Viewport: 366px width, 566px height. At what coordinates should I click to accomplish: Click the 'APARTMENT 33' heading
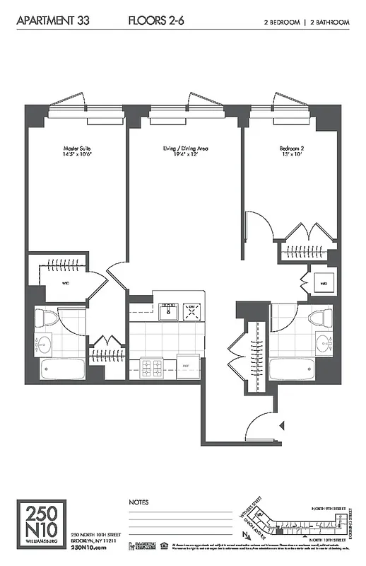(x=47, y=22)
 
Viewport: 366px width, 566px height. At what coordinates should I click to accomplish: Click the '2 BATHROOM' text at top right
(x=329, y=23)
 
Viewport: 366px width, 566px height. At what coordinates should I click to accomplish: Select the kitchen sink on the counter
(x=168, y=311)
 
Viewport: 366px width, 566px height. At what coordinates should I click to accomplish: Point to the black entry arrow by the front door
(x=282, y=425)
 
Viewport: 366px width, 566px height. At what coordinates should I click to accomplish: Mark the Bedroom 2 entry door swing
(x=258, y=226)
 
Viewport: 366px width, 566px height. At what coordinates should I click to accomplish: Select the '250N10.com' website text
(x=88, y=547)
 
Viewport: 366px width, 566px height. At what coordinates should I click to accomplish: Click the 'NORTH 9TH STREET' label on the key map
(x=329, y=508)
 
